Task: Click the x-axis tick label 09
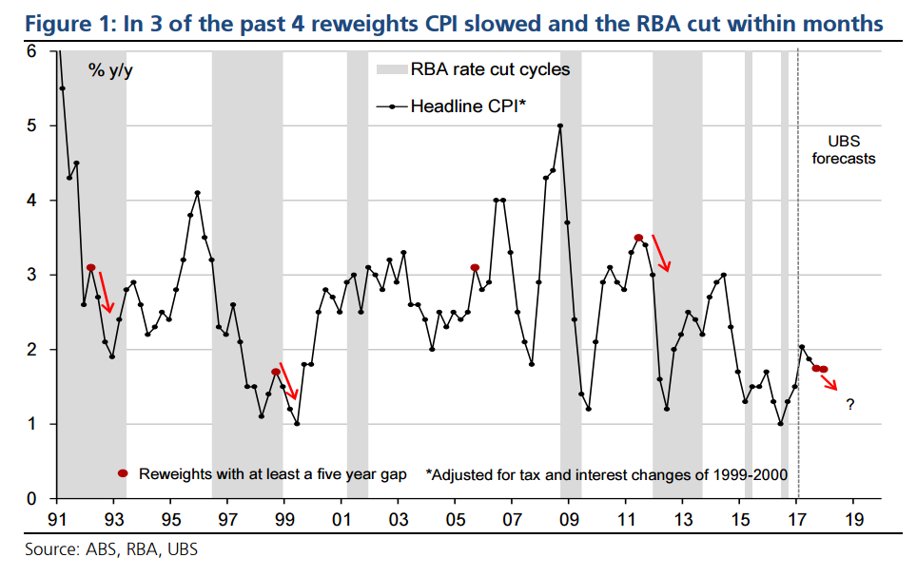[x=570, y=520]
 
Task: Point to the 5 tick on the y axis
[x=31, y=125]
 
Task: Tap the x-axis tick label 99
[x=284, y=520]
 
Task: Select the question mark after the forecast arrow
[x=849, y=405]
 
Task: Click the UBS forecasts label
[x=843, y=150]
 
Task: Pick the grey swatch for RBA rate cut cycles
[x=391, y=69]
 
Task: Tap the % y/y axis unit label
[x=111, y=72]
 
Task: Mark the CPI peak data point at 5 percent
[x=560, y=125]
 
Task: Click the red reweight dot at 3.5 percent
[x=638, y=238]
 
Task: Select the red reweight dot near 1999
[x=276, y=372]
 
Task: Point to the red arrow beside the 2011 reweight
[x=660, y=253]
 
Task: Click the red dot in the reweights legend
[x=122, y=473]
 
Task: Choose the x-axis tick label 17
[x=797, y=520]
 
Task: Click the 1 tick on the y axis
[x=31, y=424]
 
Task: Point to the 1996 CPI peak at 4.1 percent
[x=197, y=193]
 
